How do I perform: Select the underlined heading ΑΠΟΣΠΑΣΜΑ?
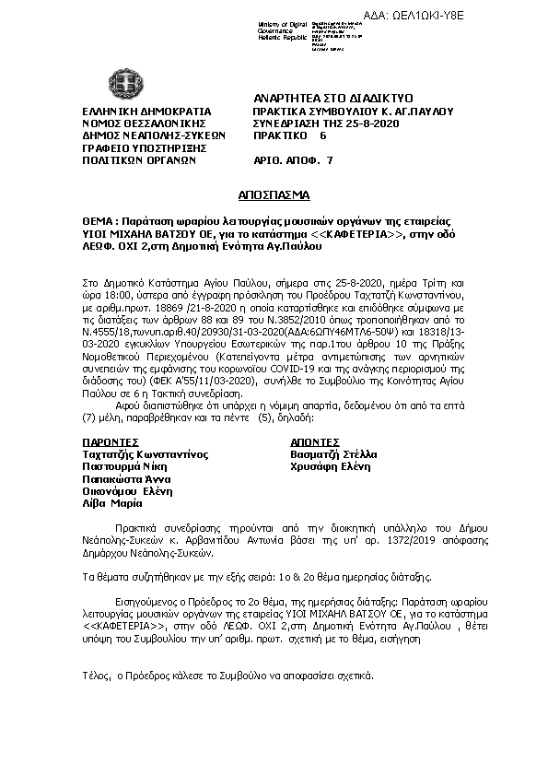274,195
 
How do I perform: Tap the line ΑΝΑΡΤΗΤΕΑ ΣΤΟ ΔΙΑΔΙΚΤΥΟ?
332,98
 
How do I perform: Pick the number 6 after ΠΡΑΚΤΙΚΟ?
322,134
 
